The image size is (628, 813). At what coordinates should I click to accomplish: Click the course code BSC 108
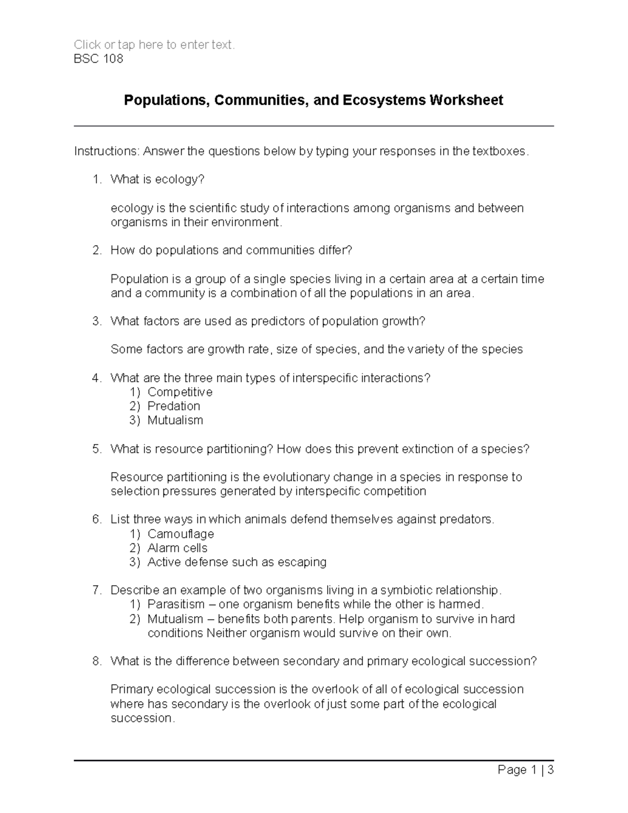(x=98, y=59)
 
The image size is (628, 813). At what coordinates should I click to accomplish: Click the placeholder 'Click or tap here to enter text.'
(x=154, y=45)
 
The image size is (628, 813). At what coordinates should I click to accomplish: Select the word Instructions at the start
(x=106, y=151)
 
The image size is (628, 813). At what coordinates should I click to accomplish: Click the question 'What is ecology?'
(x=157, y=180)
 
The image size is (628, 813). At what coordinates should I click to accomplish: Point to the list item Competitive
(x=180, y=392)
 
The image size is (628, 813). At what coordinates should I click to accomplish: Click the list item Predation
(x=174, y=406)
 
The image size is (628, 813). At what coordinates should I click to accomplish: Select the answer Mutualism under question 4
(x=175, y=420)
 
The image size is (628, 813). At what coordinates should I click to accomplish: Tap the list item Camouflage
(x=181, y=534)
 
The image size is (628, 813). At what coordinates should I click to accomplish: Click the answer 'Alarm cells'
(x=177, y=548)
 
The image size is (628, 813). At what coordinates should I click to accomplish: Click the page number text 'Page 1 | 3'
(x=525, y=770)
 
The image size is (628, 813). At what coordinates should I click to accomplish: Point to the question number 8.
(x=96, y=661)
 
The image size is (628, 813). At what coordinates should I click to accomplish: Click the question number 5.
(x=96, y=449)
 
